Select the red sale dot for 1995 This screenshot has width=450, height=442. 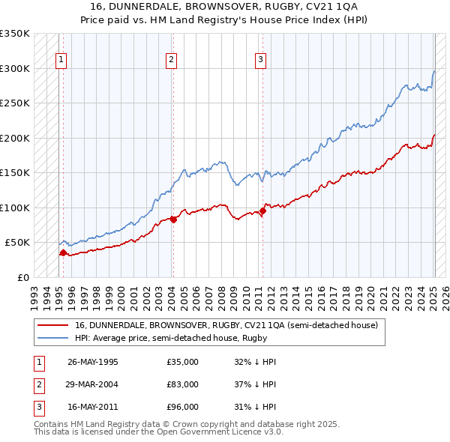pos(63,252)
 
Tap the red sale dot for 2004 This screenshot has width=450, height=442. pos(173,220)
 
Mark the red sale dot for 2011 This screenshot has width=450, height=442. pos(262,211)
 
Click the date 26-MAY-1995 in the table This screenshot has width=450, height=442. pos(93,362)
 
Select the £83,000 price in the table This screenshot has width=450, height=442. pos(182,384)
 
